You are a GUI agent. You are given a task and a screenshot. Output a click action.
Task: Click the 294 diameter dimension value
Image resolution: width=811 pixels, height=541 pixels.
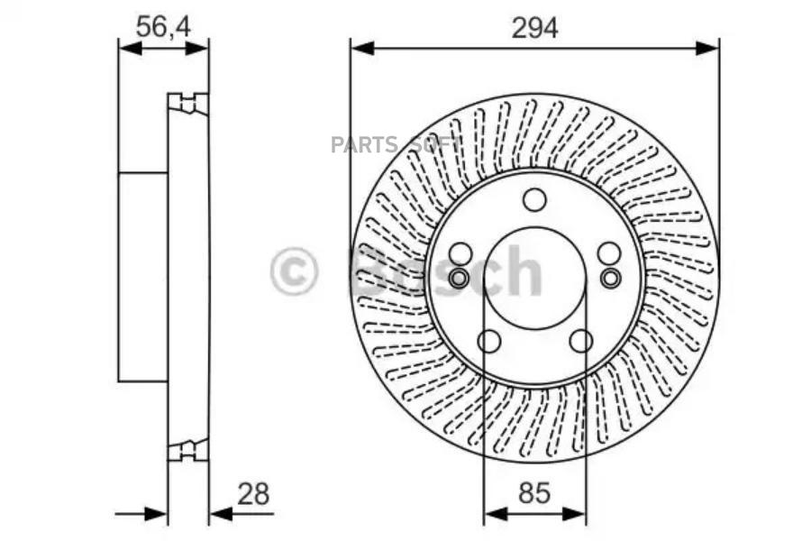(x=535, y=27)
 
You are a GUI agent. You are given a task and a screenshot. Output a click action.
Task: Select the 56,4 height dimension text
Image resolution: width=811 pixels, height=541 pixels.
(x=163, y=27)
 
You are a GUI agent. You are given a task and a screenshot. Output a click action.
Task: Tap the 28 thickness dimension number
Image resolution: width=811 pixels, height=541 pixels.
(x=253, y=494)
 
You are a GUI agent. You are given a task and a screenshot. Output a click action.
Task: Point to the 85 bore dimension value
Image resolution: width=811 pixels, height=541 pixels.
(x=534, y=494)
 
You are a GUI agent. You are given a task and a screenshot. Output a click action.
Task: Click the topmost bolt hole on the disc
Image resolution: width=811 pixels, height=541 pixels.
(x=534, y=199)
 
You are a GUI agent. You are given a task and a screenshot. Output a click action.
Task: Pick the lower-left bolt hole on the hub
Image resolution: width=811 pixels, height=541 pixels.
(x=488, y=341)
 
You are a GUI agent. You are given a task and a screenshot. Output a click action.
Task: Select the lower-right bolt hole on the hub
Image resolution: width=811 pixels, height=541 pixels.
(x=581, y=341)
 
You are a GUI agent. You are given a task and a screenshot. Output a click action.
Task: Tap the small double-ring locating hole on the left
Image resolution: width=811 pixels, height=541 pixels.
(x=459, y=277)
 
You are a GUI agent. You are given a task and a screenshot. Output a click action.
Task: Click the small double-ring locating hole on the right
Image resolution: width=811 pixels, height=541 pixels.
(x=610, y=277)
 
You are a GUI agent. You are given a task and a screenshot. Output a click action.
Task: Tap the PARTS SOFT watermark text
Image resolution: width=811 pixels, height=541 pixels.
(x=396, y=145)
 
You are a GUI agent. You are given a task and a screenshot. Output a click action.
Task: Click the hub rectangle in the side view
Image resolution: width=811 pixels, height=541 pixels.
(x=143, y=276)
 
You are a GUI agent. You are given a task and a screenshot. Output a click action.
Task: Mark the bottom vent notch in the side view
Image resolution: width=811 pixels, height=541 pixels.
(x=187, y=448)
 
